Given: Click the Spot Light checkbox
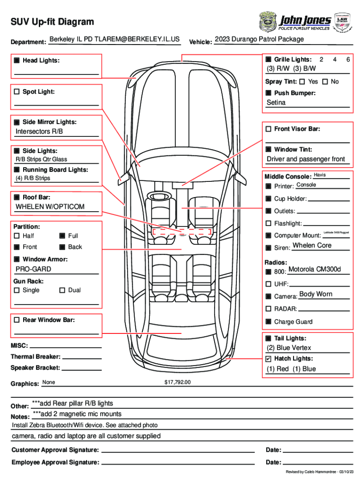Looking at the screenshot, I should [x=17, y=91].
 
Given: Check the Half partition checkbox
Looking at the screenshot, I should [x=17, y=236].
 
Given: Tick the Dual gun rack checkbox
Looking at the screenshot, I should [x=62, y=290].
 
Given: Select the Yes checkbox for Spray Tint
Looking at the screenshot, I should [x=302, y=82].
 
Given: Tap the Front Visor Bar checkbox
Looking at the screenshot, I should [x=269, y=129].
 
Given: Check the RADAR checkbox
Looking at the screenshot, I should [x=269, y=309].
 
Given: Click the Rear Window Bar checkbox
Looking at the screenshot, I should [x=17, y=320].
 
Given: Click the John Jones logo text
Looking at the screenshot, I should [x=305, y=20].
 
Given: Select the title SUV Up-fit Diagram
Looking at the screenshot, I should [x=52, y=22].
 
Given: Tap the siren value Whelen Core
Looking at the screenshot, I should [x=312, y=245].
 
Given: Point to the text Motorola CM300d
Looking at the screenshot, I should [x=314, y=269].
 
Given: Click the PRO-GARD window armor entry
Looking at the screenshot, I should [x=34, y=269].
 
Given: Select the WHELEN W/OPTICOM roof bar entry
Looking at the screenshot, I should [x=50, y=207].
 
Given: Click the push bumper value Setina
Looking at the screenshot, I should [x=276, y=102].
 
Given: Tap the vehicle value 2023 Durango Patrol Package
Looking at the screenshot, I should [x=259, y=39].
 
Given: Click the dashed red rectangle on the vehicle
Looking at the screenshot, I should [x=182, y=231].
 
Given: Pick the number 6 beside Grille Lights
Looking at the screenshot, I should [x=348, y=60].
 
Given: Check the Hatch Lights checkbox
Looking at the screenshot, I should [x=269, y=359].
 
